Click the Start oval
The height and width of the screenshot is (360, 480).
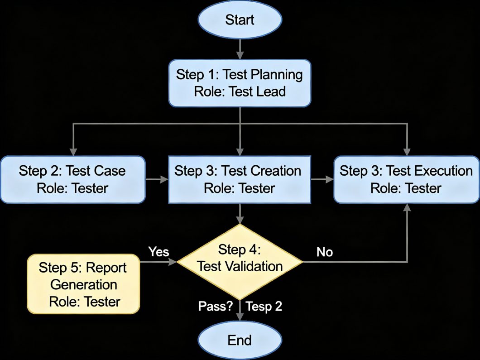(240, 20)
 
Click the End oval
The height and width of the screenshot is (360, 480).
(240, 340)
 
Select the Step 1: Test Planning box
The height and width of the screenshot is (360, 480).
(240, 83)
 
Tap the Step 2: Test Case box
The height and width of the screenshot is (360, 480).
(72, 179)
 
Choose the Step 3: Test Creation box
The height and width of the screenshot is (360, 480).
(240, 179)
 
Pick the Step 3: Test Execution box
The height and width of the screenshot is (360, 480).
(406, 179)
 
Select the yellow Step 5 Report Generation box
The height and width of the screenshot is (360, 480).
(83, 284)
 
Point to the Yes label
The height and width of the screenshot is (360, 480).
(158, 251)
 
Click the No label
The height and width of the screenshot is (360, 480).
(325, 252)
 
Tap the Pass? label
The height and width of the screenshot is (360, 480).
(216, 307)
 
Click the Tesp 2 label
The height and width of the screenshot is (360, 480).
(264, 307)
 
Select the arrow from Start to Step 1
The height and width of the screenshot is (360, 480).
(240, 48)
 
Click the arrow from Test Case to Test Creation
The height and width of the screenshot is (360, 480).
(157, 180)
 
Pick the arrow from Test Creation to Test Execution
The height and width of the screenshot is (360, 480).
(322, 180)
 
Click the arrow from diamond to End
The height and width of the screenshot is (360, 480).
(240, 312)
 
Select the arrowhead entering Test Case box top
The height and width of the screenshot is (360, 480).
(72, 152)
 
